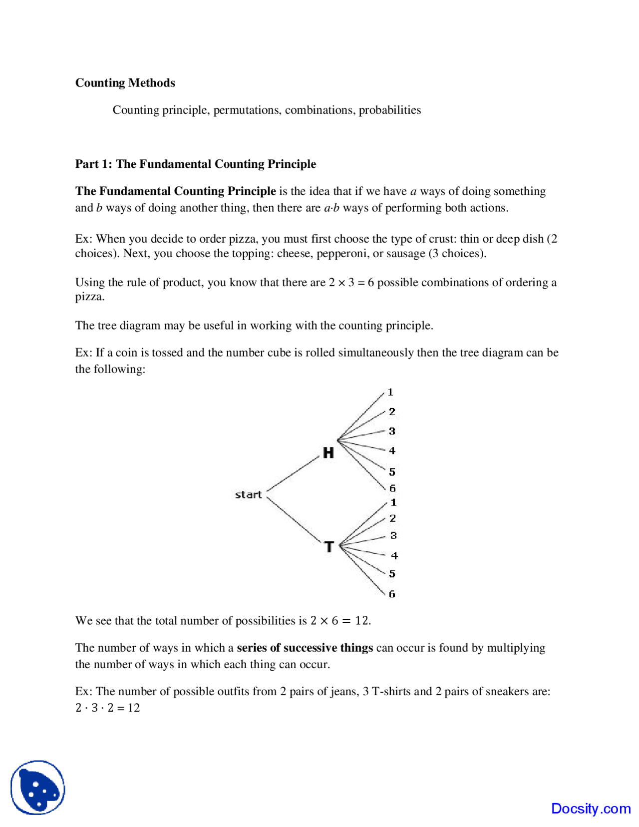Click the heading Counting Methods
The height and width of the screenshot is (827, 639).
(x=125, y=83)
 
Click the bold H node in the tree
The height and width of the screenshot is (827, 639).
(x=328, y=453)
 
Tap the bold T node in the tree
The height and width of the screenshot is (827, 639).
(x=328, y=547)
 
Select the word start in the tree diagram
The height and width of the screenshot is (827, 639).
(x=248, y=494)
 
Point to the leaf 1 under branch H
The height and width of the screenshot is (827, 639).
(x=390, y=393)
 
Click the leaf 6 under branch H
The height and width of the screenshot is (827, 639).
(x=392, y=488)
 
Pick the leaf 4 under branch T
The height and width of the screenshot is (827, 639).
(x=394, y=556)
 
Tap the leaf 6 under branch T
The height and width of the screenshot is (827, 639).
(x=392, y=594)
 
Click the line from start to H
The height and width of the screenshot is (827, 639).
(x=293, y=473)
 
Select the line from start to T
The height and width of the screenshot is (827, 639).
(x=293, y=519)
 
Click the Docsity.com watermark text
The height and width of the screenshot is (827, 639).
(x=591, y=808)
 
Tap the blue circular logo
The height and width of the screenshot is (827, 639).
(x=38, y=788)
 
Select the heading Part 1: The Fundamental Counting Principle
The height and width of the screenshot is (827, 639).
(x=195, y=164)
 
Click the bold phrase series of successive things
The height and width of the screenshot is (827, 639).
(x=305, y=648)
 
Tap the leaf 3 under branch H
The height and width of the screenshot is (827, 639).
(x=392, y=431)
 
